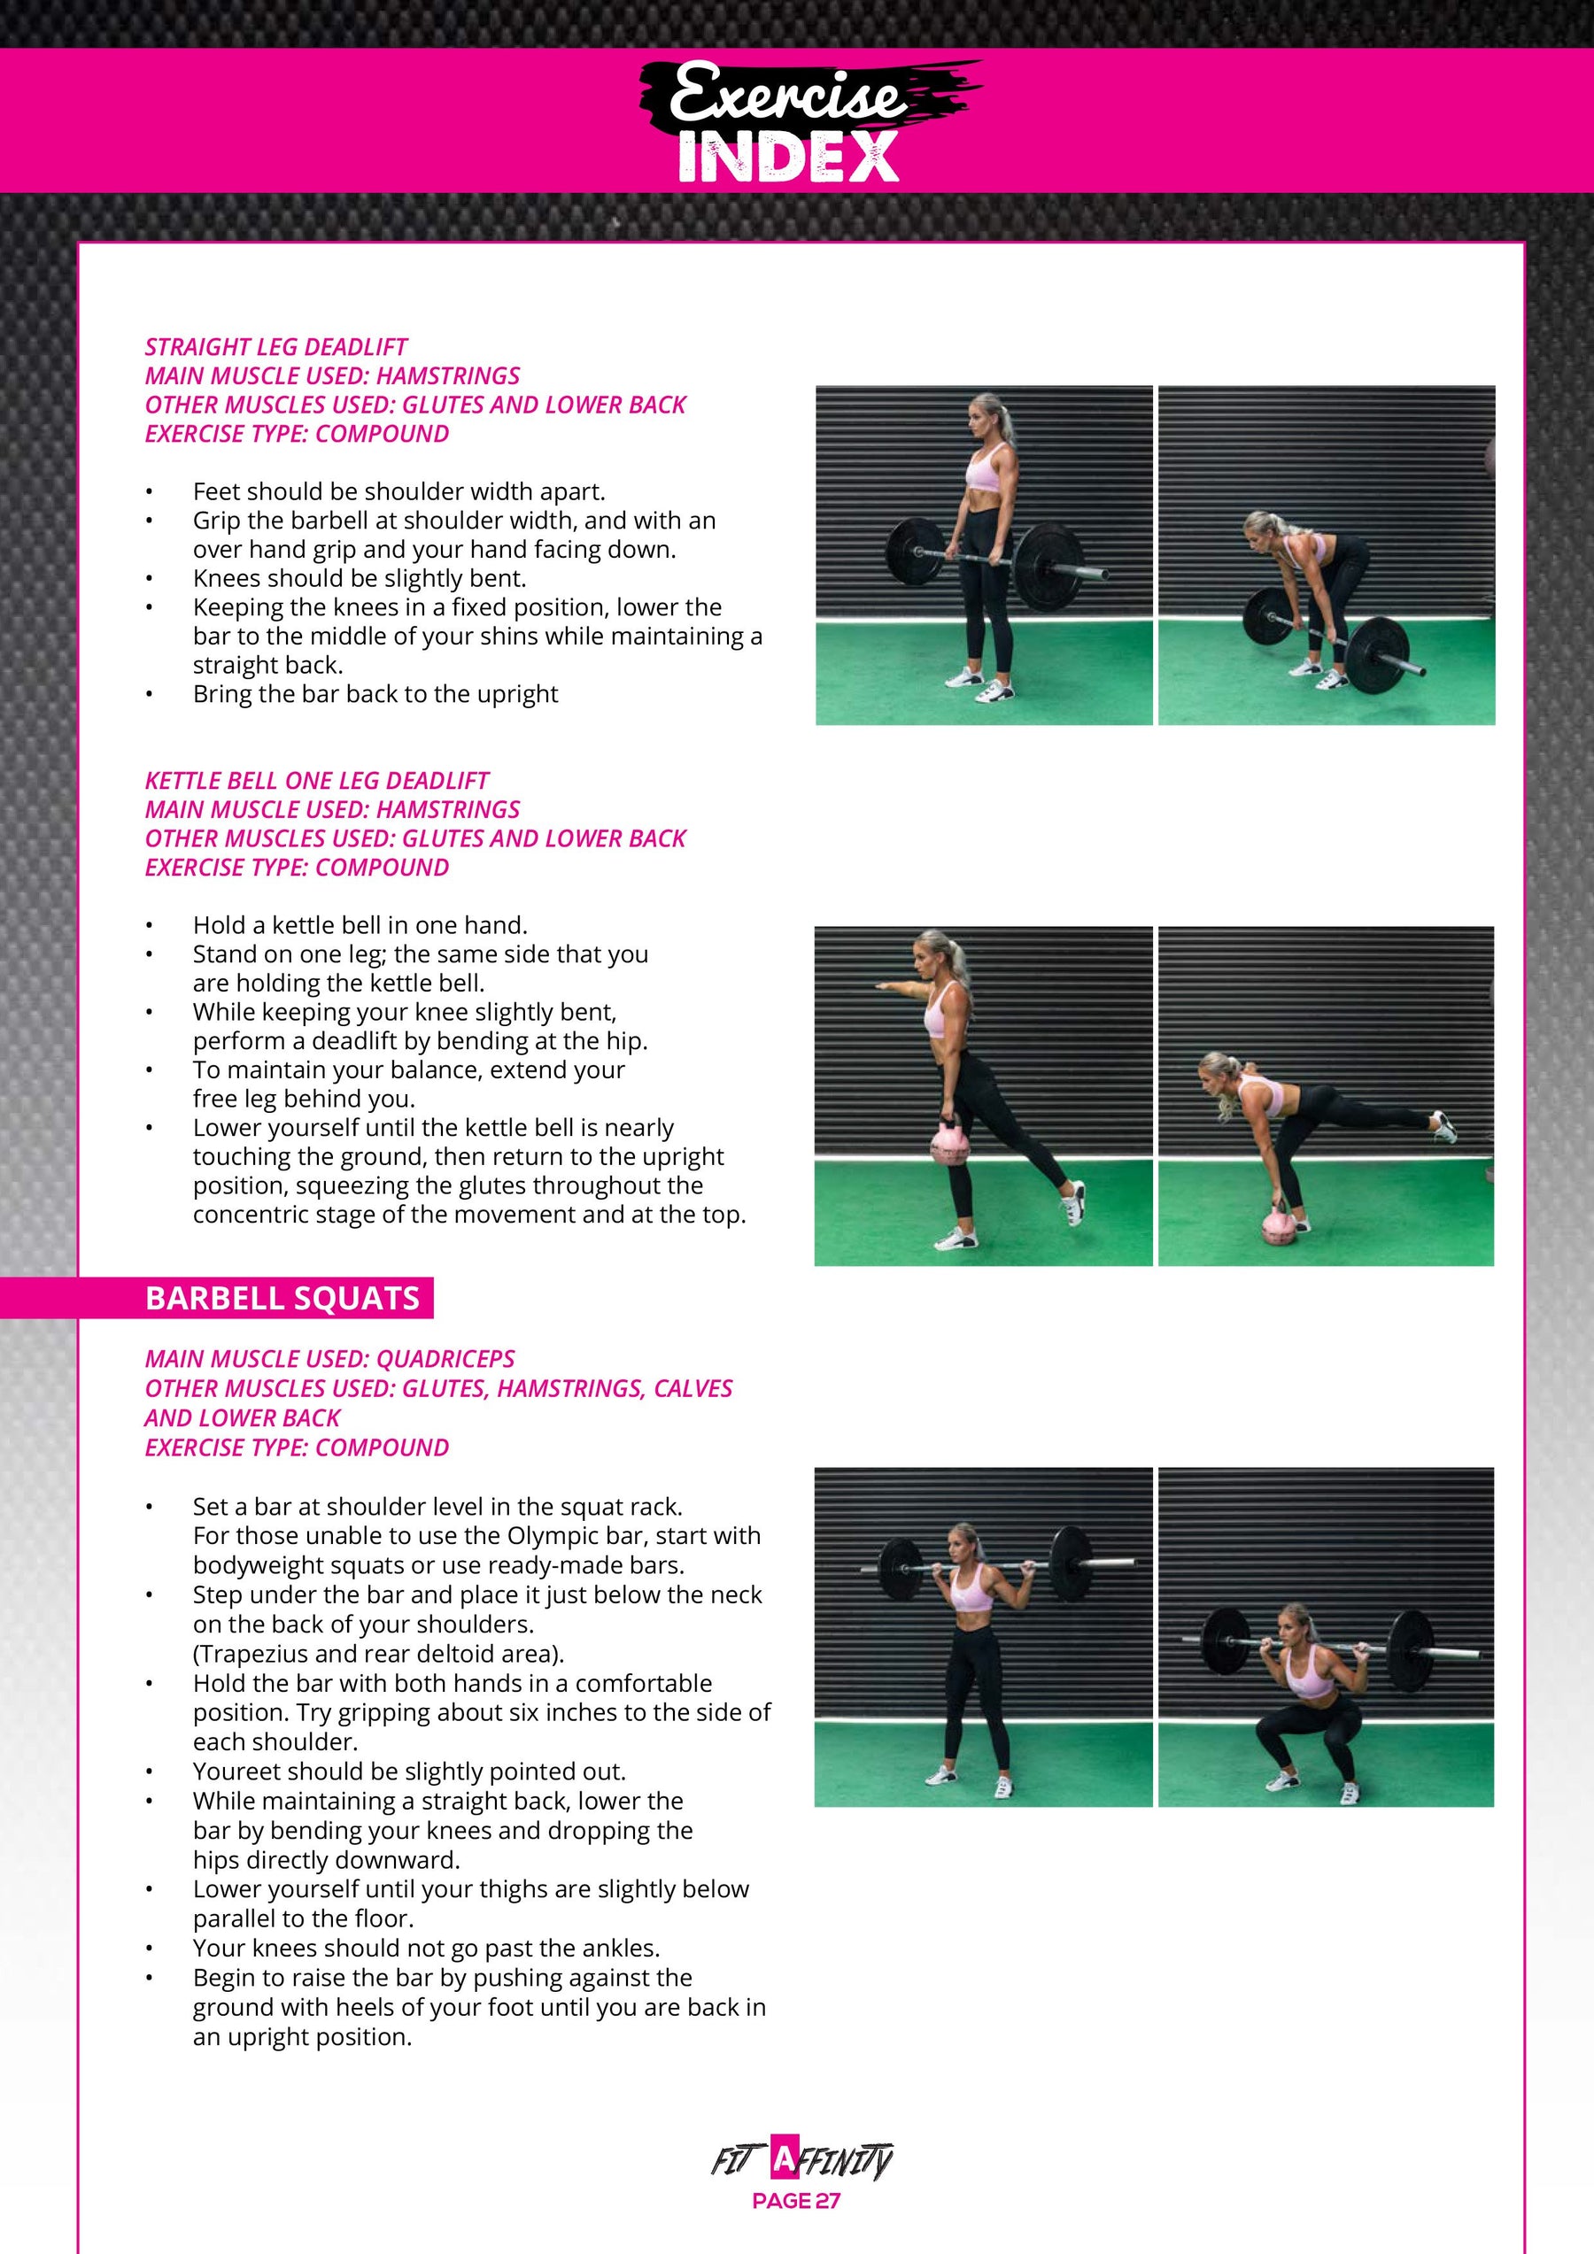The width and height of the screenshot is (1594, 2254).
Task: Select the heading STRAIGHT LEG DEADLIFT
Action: pyautogui.click(x=276, y=348)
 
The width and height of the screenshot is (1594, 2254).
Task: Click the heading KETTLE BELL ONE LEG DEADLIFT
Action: pyautogui.click(x=316, y=782)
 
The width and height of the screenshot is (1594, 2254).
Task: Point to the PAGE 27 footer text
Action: pyautogui.click(x=796, y=2201)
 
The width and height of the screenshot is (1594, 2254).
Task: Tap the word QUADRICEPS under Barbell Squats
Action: pyautogui.click(x=446, y=1360)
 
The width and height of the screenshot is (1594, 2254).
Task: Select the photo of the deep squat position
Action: pyautogui.click(x=1326, y=1638)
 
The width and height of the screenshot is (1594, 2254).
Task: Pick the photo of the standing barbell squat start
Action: pyautogui.click(x=983, y=1638)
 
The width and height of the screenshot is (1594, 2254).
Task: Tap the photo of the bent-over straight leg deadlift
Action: pyautogui.click(x=1327, y=556)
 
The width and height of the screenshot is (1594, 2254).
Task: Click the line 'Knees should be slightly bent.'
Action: pyautogui.click(x=360, y=579)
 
